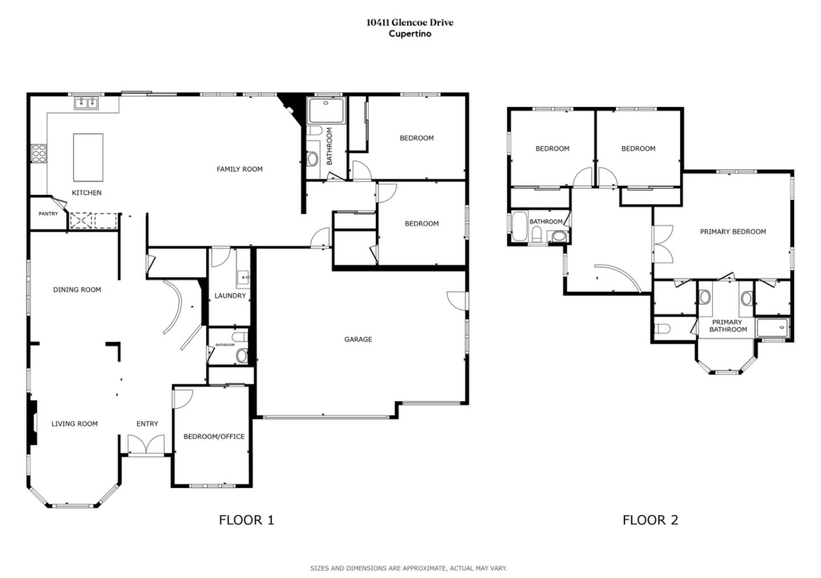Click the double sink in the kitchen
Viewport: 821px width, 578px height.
click(86, 103)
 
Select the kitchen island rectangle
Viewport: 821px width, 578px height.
click(88, 157)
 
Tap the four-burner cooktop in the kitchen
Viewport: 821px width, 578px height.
click(39, 154)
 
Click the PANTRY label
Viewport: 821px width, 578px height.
click(48, 214)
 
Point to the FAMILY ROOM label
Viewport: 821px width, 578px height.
click(239, 169)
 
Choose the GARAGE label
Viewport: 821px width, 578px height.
click(358, 339)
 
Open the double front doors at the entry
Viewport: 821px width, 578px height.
click(146, 445)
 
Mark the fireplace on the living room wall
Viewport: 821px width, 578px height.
click(33, 423)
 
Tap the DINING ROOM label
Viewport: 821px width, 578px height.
click(77, 290)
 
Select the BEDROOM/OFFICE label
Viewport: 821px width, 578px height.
click(214, 437)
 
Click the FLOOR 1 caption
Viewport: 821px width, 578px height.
click(246, 520)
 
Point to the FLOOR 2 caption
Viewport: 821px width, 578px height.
click(650, 520)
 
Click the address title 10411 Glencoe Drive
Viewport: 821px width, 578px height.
click(410, 23)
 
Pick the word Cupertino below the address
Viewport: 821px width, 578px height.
click(410, 34)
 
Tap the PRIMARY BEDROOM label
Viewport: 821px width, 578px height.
click(733, 232)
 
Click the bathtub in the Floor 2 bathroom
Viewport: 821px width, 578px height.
click(519, 228)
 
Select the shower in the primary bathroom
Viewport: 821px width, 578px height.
click(773, 328)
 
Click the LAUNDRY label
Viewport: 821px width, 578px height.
click(230, 296)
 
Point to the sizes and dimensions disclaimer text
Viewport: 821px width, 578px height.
click(408, 568)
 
